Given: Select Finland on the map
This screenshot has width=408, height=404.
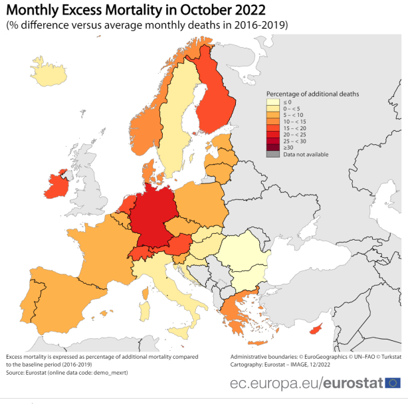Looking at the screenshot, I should tap(215, 100).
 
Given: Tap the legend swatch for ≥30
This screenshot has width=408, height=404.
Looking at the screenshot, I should tap(272, 148).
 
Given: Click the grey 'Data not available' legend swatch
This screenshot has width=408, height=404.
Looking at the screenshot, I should tap(272, 155).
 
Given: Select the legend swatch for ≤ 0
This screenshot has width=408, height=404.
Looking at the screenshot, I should tap(272, 102).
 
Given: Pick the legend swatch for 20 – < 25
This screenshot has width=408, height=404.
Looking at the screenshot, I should tap(272, 135).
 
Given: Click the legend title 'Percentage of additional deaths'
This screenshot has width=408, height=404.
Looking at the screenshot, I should tap(312, 94).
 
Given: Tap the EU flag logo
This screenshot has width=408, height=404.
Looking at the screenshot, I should tap(393, 383).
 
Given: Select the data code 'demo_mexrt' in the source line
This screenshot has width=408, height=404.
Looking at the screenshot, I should tap(108, 373).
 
